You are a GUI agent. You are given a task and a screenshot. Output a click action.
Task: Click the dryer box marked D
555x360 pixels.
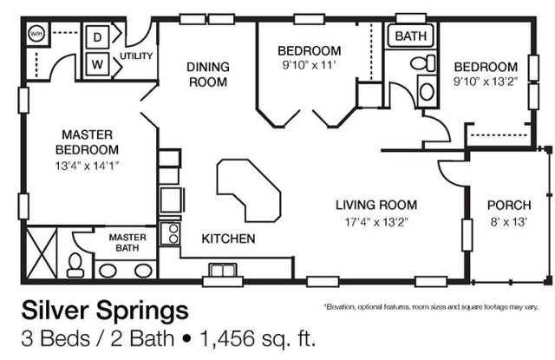tap(97, 36)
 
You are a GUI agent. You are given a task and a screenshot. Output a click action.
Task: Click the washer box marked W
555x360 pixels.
tap(97, 64)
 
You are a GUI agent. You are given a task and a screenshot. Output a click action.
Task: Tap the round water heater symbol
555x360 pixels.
tap(36, 34)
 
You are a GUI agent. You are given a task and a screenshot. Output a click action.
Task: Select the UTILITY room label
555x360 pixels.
tap(136, 56)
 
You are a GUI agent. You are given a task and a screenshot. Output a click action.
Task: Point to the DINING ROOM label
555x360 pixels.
tap(208, 75)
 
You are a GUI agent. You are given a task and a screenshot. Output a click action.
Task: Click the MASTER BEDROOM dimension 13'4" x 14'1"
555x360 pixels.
tap(87, 166)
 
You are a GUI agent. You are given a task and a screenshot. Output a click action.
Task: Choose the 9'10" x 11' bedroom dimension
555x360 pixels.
tap(309, 65)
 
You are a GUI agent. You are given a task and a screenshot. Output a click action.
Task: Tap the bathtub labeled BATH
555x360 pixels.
tap(410, 36)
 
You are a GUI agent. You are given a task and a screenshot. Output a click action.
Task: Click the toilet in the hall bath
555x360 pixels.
tap(423, 63)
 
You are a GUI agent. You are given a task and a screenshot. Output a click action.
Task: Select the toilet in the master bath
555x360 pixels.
tap(75, 265)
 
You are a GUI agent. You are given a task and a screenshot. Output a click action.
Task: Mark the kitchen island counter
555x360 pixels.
tap(249, 191)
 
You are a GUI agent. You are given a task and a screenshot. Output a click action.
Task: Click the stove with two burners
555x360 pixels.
tap(170, 233)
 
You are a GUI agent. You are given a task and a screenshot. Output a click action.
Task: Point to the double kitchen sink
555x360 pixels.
tap(223, 270)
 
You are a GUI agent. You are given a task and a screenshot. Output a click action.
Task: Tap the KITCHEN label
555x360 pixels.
tap(228, 239)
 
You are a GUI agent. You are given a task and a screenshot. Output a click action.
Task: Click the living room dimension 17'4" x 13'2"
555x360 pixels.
tap(376, 222)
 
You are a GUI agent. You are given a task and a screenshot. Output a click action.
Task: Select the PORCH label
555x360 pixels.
tap(509, 205)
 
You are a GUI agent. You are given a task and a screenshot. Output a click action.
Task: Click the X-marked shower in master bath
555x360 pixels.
tap(42, 252)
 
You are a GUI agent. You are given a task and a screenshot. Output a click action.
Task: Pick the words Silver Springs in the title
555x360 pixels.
tap(105, 311)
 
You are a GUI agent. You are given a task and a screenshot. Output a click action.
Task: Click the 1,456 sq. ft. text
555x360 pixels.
tap(258, 338)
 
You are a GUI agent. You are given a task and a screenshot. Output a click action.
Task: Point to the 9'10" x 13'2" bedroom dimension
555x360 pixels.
tap(486, 82)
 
